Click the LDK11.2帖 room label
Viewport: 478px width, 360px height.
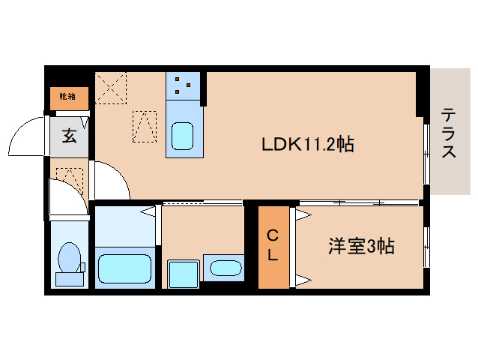(x=307, y=144)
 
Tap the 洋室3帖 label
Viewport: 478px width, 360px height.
(x=362, y=244)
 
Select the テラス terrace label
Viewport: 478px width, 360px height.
(x=448, y=133)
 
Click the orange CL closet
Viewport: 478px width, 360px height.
(x=273, y=246)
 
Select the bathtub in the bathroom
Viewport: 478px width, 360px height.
(x=124, y=268)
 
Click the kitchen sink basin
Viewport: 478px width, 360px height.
(x=183, y=136)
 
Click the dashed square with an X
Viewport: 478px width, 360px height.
(x=111, y=88)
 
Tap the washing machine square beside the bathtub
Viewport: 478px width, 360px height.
(x=182, y=273)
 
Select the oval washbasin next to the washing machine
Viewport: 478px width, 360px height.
(x=223, y=268)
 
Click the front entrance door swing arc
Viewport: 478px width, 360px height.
(x=27, y=135)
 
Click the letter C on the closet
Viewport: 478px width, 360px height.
(x=273, y=235)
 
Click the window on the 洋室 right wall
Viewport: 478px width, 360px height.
(x=426, y=244)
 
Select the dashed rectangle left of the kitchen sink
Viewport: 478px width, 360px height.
(x=145, y=126)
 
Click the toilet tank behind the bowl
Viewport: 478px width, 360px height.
(x=70, y=279)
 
